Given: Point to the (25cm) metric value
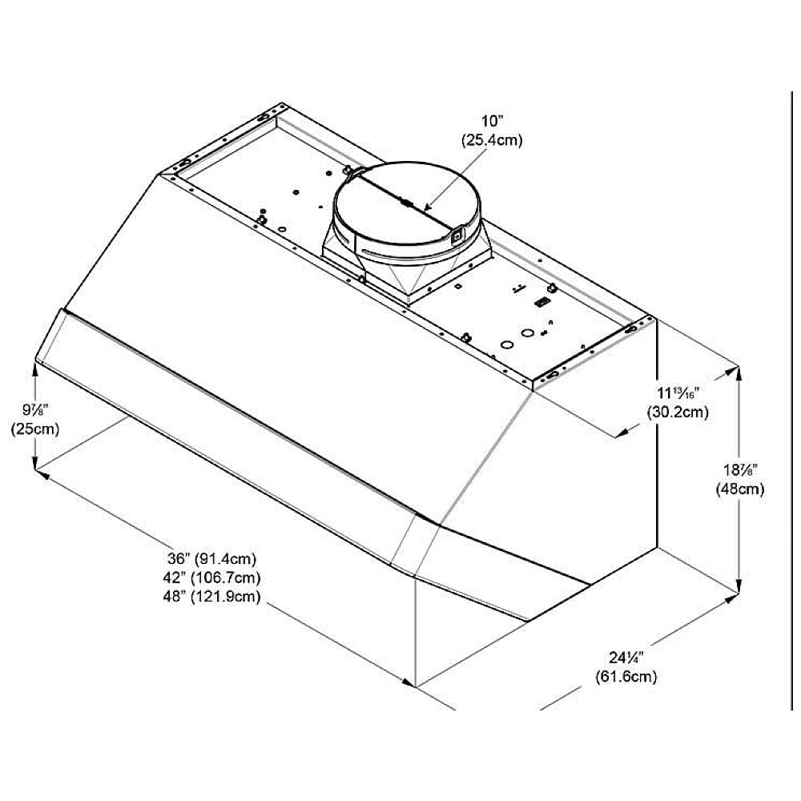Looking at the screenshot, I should click(34, 429).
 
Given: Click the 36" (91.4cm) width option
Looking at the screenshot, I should click(212, 559).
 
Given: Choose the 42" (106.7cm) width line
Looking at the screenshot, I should click(212, 578).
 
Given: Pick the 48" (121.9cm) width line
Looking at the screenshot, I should click(212, 596).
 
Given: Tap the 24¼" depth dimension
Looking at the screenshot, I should click(626, 658).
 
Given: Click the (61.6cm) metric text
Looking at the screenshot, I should click(626, 677).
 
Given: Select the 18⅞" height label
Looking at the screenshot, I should click(739, 471).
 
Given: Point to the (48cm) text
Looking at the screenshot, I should click(739, 489).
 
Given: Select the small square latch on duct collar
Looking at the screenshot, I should click(457, 235).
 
